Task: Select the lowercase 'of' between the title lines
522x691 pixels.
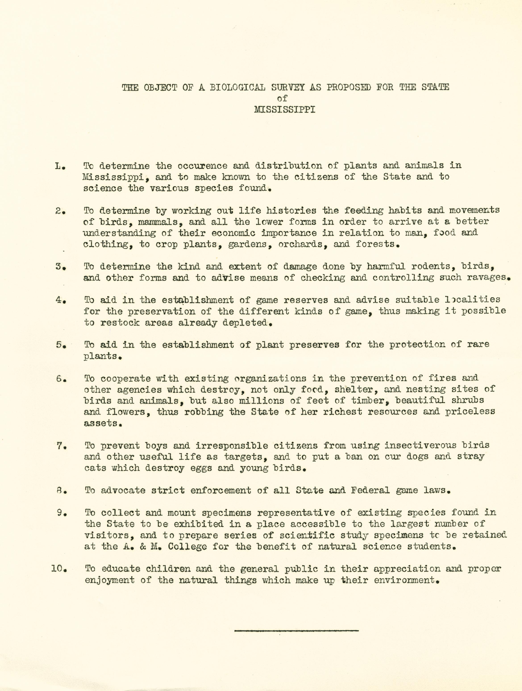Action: pyautogui.click(x=282, y=99)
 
